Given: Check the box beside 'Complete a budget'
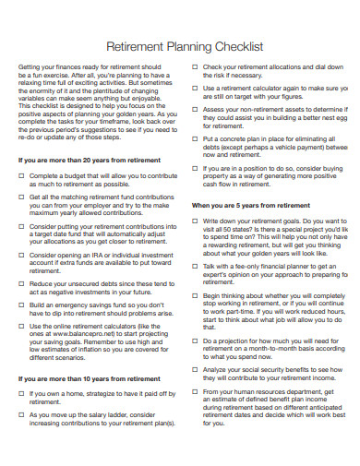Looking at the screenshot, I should pyautogui.click(x=21, y=175).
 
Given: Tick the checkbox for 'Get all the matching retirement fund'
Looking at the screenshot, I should pyautogui.click(x=21, y=197).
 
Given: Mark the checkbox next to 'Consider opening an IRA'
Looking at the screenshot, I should pyautogui.click(x=21, y=255).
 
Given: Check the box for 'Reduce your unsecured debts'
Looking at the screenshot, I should pyautogui.click(x=21, y=284).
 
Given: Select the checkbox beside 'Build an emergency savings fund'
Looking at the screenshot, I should pyautogui.click(x=21, y=305).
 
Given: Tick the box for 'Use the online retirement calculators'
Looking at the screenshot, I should pyautogui.click(x=21, y=327).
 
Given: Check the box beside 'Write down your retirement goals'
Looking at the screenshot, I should pyautogui.click(x=195, y=221).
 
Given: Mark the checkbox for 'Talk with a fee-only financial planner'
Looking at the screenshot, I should pyautogui.click(x=195, y=266).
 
